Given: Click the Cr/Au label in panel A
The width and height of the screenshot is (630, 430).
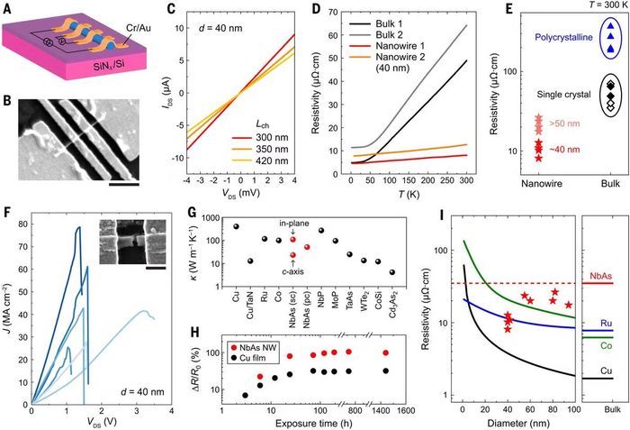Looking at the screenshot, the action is click(138, 28).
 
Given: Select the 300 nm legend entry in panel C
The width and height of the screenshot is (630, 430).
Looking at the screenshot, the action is click(260, 138).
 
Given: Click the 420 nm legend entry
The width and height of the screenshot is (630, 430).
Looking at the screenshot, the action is click(260, 161).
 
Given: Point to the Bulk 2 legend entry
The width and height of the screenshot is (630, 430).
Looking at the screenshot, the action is click(376, 34).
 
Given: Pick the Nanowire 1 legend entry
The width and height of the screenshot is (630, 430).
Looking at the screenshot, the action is click(386, 46).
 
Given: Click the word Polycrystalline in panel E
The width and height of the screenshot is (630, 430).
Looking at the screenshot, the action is click(563, 38).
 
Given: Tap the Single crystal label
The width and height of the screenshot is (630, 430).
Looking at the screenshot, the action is click(564, 95).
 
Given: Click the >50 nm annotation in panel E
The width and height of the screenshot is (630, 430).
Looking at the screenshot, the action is click(564, 124).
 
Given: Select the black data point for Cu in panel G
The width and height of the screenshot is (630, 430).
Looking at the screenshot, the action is click(236, 226).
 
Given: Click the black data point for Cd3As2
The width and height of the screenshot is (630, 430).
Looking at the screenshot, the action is click(392, 272).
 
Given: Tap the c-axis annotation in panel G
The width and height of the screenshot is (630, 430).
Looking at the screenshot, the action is click(292, 271).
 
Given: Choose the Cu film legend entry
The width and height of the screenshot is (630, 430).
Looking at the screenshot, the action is click(249, 358).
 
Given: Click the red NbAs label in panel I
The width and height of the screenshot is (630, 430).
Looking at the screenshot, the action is click(601, 276).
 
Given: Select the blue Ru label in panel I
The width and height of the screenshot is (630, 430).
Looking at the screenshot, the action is click(607, 324).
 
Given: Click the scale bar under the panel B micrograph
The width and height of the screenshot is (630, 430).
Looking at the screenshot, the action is click(124, 185).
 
